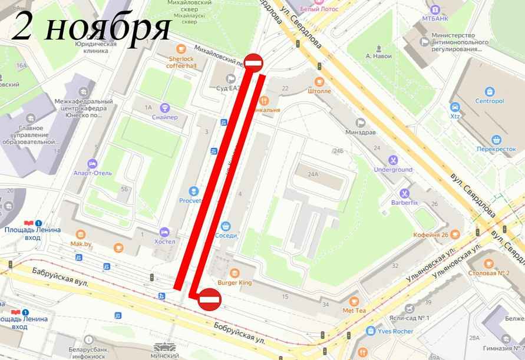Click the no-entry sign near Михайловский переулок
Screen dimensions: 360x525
pos(253,62)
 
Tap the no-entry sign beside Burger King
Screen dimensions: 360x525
pos(210,299)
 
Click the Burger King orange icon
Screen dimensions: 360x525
pos(235,273)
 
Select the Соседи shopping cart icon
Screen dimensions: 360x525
pos(226,225)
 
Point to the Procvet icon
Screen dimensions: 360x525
pos(193,191)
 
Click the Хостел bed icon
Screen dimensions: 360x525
pos(164,232)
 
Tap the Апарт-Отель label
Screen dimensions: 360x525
pos(93,173)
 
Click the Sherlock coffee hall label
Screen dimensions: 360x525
pos(182,62)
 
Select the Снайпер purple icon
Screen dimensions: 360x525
pos(164,108)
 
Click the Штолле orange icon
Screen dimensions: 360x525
pos(319,81)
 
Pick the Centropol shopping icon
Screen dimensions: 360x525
pos(490,91)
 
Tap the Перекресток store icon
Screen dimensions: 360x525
pos(497,140)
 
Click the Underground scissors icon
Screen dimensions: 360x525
pos(393,160)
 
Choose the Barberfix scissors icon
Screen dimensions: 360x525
pos(405,193)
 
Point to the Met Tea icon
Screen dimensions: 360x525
pos(354,300)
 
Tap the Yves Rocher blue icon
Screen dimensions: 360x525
pos(371,331)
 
